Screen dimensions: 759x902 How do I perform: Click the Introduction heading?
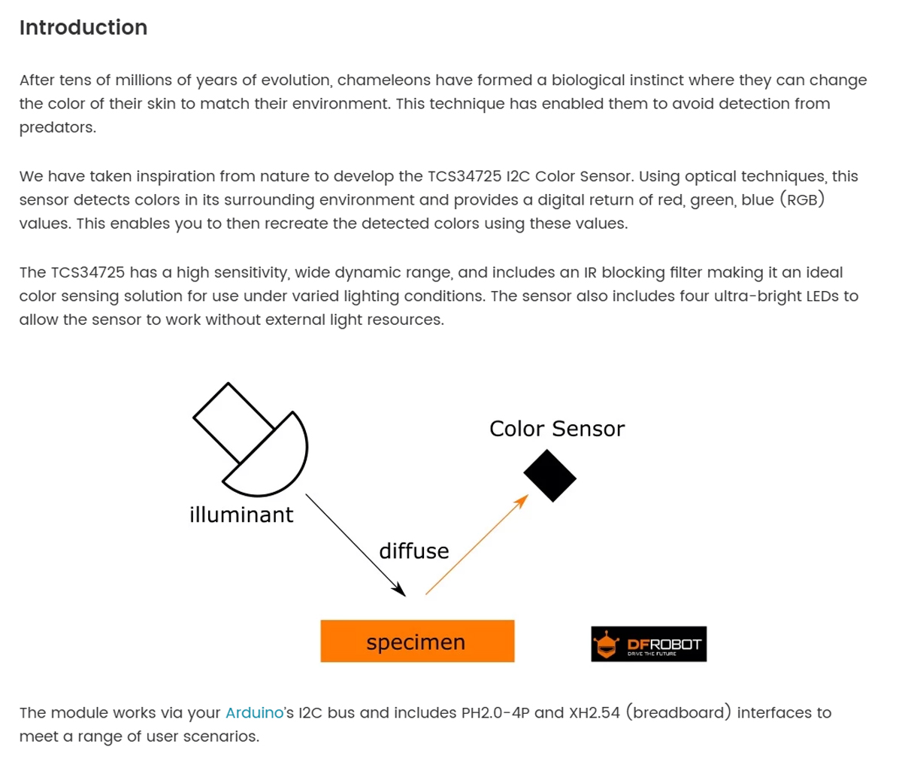tap(83, 28)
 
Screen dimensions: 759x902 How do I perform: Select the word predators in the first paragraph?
tap(57, 128)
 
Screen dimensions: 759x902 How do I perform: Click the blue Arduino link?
tap(254, 712)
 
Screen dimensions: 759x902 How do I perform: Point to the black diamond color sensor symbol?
tap(549, 476)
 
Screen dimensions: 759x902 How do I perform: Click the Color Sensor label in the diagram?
tap(556, 429)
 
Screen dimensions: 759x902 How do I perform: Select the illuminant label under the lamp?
tap(241, 515)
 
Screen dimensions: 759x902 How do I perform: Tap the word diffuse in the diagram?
tap(413, 551)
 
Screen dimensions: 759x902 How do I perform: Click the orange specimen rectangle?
tap(417, 642)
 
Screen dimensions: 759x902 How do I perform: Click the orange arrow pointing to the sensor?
tap(477, 545)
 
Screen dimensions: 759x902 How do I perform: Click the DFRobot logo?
tap(649, 645)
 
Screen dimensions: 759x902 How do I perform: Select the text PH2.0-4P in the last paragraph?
tap(495, 712)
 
